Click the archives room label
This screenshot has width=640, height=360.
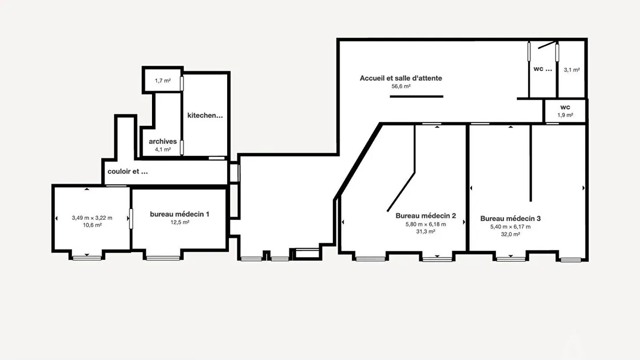(x=163, y=141)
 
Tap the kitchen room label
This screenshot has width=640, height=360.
(x=205, y=115)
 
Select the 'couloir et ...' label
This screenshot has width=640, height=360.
(x=127, y=171)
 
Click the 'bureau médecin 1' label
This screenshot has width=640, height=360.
(x=179, y=214)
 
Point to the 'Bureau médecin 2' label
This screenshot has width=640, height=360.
(x=426, y=215)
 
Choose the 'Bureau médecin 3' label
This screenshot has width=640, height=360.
(x=510, y=219)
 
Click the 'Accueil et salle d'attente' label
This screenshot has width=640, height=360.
(x=401, y=78)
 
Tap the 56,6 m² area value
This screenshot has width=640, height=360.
(x=401, y=86)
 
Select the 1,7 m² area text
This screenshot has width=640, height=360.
(x=163, y=81)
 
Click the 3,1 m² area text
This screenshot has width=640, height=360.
(x=572, y=70)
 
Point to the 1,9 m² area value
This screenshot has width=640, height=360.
(x=565, y=115)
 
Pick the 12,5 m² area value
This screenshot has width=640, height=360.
(x=180, y=222)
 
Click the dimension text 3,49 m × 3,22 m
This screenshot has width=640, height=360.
(x=92, y=218)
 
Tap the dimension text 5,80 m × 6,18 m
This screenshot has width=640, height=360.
(x=426, y=225)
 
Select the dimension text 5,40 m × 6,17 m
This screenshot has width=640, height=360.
(x=510, y=227)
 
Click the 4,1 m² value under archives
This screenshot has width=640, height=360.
(x=163, y=149)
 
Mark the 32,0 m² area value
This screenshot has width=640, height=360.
(x=510, y=234)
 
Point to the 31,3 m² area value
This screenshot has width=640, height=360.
(x=426, y=231)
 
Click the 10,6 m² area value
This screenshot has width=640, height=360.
(x=92, y=225)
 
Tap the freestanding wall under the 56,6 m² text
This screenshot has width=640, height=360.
(x=417, y=97)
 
